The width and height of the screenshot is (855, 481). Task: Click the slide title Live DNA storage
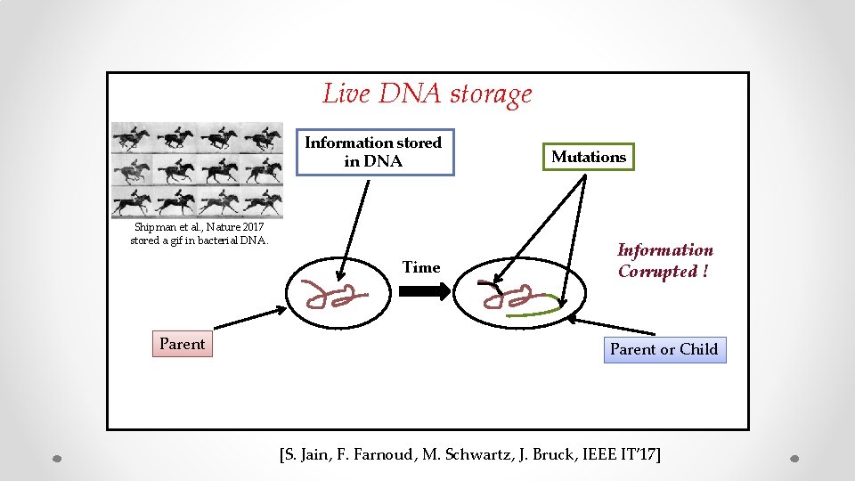427,94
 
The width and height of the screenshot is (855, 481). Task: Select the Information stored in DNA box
374,152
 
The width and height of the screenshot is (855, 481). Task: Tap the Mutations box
589,157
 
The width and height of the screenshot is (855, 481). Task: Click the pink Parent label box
182,344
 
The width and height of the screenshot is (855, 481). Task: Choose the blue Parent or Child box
664,349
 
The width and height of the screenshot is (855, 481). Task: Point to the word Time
421,267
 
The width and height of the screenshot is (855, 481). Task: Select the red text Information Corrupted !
665,261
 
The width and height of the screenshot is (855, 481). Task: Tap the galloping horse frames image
197,170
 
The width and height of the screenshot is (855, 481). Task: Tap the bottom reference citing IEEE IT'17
469,455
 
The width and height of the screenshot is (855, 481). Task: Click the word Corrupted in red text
658,272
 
